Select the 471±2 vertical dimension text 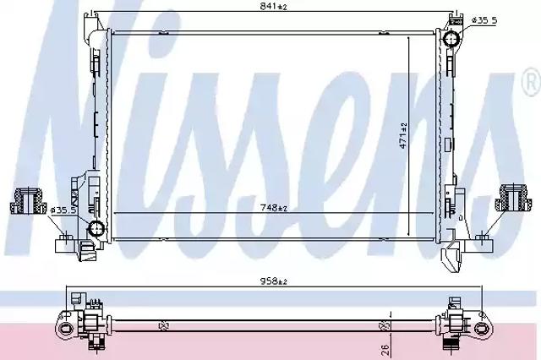pos(403,135)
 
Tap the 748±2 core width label pos(274,207)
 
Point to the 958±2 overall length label pos(274,281)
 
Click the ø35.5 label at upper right pos(484,20)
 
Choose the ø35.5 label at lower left pos(63,210)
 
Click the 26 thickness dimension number pos(385,350)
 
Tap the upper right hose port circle pos(451,40)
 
